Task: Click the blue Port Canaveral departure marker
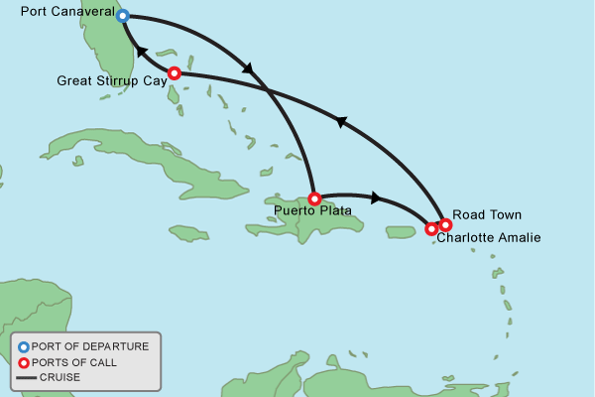123,16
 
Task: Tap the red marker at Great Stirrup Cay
175,72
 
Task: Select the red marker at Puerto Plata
314,198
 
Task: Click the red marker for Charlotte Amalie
431,229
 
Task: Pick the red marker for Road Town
445,224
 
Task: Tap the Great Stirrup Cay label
111,79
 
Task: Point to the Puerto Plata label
312,210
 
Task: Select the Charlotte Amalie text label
489,237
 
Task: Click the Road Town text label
486,214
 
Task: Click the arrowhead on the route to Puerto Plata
248,68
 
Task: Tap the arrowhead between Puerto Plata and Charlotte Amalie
375,198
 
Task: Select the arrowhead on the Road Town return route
341,122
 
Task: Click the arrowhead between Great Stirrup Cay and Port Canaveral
141,52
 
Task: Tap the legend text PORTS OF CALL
74,362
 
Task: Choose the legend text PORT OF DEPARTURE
90,346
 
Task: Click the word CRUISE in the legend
59,377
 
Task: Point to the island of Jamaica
188,233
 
